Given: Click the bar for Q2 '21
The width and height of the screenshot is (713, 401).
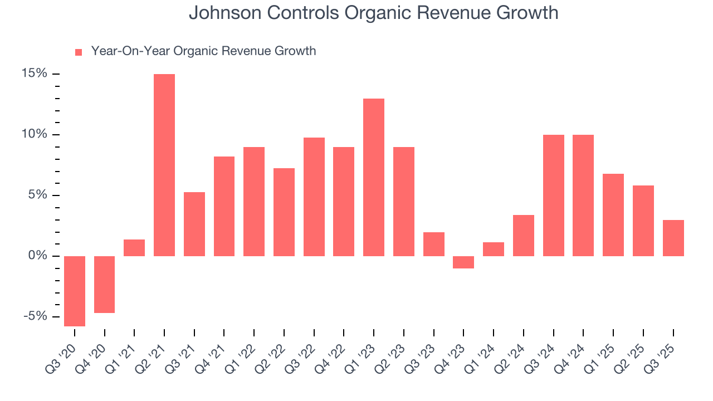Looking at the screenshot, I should coord(164,165).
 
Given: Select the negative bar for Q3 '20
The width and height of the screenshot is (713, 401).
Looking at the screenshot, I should coord(75,291).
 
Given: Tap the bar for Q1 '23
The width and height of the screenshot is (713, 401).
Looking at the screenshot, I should coord(374,177).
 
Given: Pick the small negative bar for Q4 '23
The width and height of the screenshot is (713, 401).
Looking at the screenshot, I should coord(463,262).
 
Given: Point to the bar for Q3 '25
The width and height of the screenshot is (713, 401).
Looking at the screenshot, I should coord(673,238).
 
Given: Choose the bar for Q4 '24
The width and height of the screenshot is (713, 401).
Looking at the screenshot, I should coord(583,195).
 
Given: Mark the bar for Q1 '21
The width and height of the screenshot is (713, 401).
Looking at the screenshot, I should coord(134,248).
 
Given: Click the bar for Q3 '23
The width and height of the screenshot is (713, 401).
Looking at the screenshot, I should coord(433,244).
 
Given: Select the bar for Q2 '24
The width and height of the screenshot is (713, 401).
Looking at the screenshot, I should coord(524,236).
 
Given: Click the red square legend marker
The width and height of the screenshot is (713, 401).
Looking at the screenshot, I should coord(79,52).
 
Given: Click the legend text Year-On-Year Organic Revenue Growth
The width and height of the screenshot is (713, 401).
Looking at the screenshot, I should coord(203,51).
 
